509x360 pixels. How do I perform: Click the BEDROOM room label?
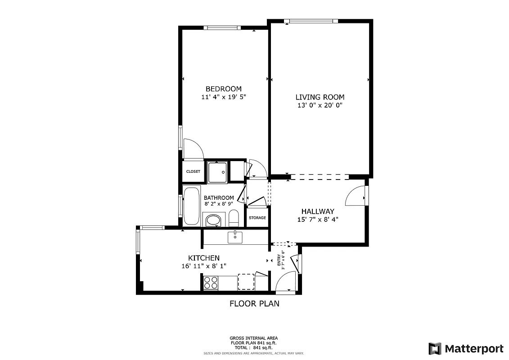point(223,89)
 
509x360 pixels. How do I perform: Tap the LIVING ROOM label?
point(320,97)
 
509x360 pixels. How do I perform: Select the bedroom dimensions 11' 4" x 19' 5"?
point(223,97)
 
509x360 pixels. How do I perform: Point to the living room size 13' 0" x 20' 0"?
point(320,105)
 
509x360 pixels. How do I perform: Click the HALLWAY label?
point(318,211)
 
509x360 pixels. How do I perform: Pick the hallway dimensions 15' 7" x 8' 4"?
point(318,220)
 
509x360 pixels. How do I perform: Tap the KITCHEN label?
point(203,258)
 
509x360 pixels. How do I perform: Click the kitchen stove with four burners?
point(211,283)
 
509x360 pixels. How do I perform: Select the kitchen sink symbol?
point(235,237)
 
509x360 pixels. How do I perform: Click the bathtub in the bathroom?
point(191,206)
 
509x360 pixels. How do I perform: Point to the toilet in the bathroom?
point(234,219)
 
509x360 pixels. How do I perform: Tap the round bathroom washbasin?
point(213,220)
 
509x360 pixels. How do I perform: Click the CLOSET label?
point(193,171)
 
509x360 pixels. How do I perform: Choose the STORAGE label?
point(257,218)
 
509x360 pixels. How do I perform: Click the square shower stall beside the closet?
point(218,171)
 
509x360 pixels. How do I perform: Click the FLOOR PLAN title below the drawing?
point(254,304)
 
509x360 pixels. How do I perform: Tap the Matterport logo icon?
point(435,348)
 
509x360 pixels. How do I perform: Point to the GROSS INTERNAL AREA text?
point(254,338)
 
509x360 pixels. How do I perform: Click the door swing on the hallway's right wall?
point(356,196)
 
